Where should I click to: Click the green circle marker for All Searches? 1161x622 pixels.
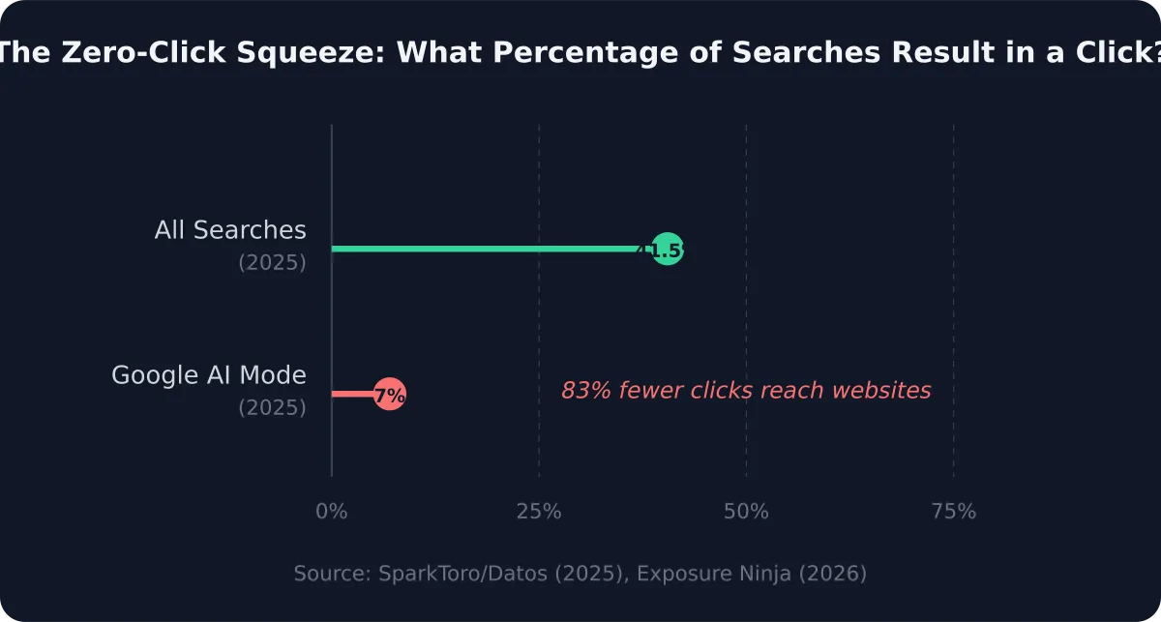tap(668, 250)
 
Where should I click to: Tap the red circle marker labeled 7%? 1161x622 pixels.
tap(389, 394)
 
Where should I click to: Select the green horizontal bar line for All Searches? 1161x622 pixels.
tap(484, 250)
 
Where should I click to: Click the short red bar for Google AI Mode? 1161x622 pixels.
tap(352, 394)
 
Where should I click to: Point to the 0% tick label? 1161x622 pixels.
tap(332, 512)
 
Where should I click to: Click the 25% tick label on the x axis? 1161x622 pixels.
tap(539, 512)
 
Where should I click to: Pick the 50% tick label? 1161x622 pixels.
tap(746, 512)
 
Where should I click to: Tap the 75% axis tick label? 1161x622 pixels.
tap(953, 512)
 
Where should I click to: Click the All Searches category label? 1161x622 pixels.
tap(230, 230)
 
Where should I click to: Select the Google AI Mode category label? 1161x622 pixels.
tap(209, 375)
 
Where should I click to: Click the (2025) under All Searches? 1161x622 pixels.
tap(272, 263)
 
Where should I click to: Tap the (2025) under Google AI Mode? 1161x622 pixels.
tap(272, 408)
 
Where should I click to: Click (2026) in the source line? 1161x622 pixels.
tap(837, 574)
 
